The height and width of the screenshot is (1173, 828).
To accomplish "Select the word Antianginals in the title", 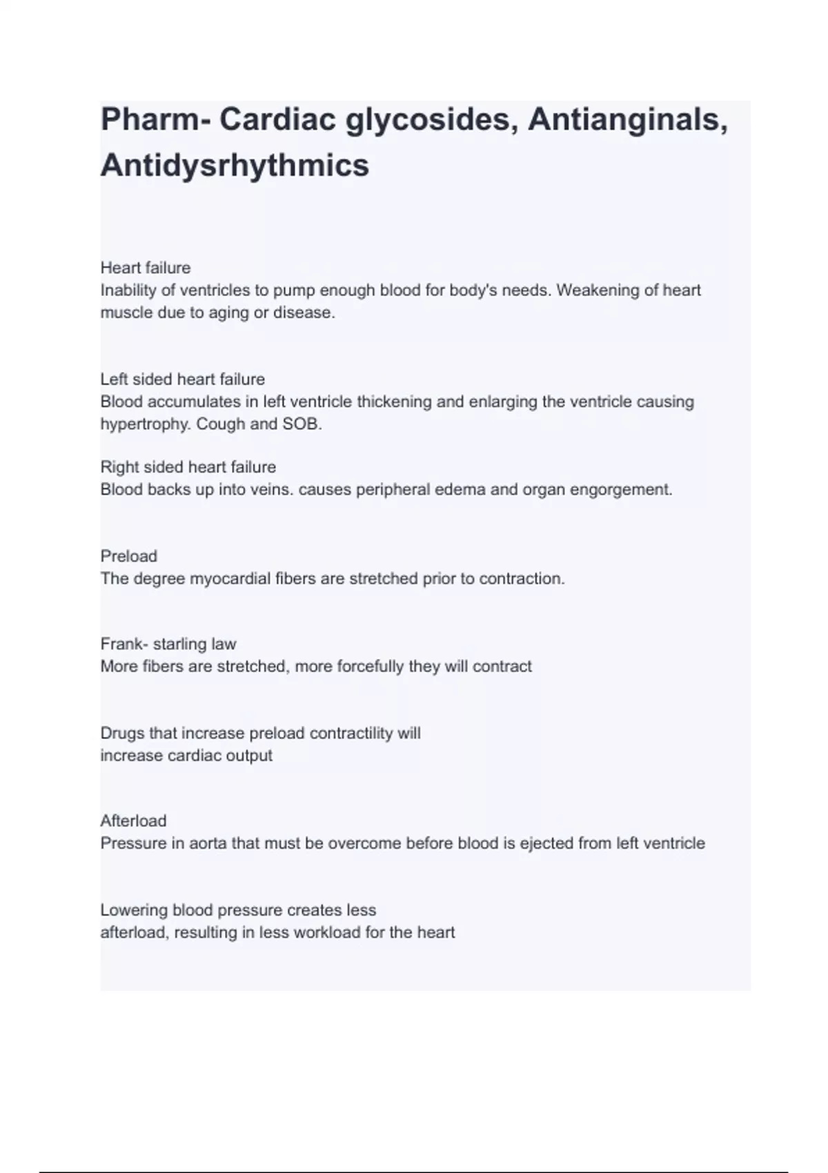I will point(627,120).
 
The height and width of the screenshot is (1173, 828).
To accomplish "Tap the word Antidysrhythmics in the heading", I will point(235,166).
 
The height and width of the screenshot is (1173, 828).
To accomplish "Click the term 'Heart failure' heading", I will point(146,268).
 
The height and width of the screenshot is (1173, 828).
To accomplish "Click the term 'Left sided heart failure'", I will point(183,379).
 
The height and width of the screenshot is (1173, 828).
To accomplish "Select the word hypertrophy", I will point(145,424).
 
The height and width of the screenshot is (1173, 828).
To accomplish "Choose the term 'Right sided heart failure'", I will point(188,467).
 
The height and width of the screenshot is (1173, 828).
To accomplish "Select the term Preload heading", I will point(129,556).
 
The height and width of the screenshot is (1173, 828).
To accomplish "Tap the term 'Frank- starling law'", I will point(168,644).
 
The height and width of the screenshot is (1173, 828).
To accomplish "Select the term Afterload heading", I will point(134,821).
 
